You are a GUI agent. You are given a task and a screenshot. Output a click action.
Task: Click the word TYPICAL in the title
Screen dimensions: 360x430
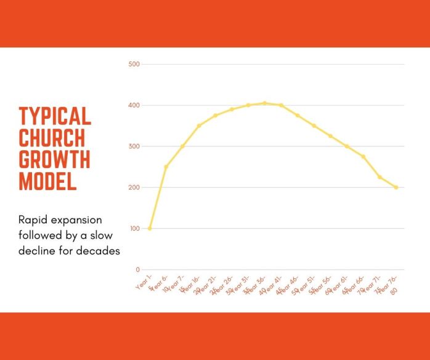coord(55,116)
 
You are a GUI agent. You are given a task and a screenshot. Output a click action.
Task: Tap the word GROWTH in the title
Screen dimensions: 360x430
coord(54,159)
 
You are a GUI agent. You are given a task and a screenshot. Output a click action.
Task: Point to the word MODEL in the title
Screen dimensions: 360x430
coord(47,180)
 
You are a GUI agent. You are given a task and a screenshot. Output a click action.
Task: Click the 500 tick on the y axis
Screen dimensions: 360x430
coord(134,64)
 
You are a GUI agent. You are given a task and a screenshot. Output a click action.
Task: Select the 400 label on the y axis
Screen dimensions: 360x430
coord(134,105)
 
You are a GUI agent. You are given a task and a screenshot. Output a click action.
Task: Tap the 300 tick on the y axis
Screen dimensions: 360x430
coord(134,146)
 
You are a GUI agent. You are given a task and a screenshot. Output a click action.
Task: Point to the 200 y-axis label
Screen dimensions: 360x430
coord(134,187)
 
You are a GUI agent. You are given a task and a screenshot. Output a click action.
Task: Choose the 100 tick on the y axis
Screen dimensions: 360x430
coord(134,228)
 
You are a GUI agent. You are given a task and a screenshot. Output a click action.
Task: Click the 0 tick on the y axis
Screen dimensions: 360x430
coord(137,270)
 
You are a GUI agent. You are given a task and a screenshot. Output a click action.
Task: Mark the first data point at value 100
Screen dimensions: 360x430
coord(149,228)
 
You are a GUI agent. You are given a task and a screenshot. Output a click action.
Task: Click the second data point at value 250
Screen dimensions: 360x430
coord(166,167)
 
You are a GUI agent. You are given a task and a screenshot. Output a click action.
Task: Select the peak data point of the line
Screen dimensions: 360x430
coord(265,103)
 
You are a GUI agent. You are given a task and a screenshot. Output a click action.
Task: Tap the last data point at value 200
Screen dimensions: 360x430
coord(396,187)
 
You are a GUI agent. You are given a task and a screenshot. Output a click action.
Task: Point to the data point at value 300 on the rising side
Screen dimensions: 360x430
coord(182,146)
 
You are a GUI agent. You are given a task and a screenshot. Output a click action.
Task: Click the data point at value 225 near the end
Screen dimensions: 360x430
coord(379,177)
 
